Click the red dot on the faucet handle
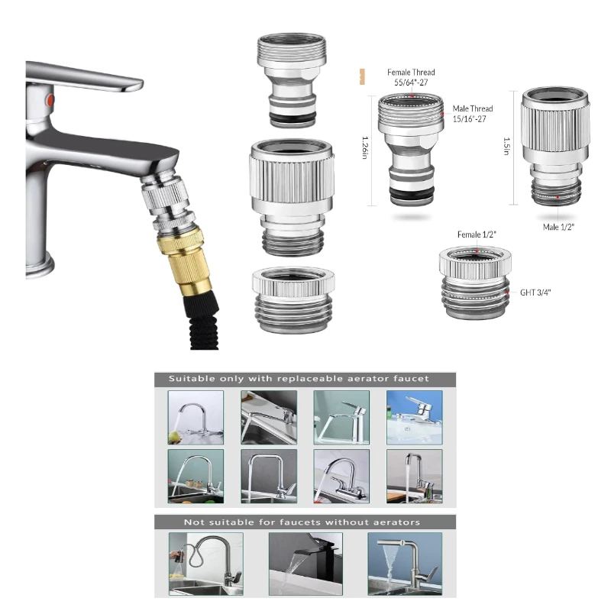click(x=51, y=101)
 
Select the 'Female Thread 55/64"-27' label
click(x=411, y=76)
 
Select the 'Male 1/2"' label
click(x=558, y=227)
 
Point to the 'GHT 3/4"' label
click(x=536, y=292)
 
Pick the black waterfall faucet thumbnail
click(x=305, y=564)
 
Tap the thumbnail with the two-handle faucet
click(x=341, y=476)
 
